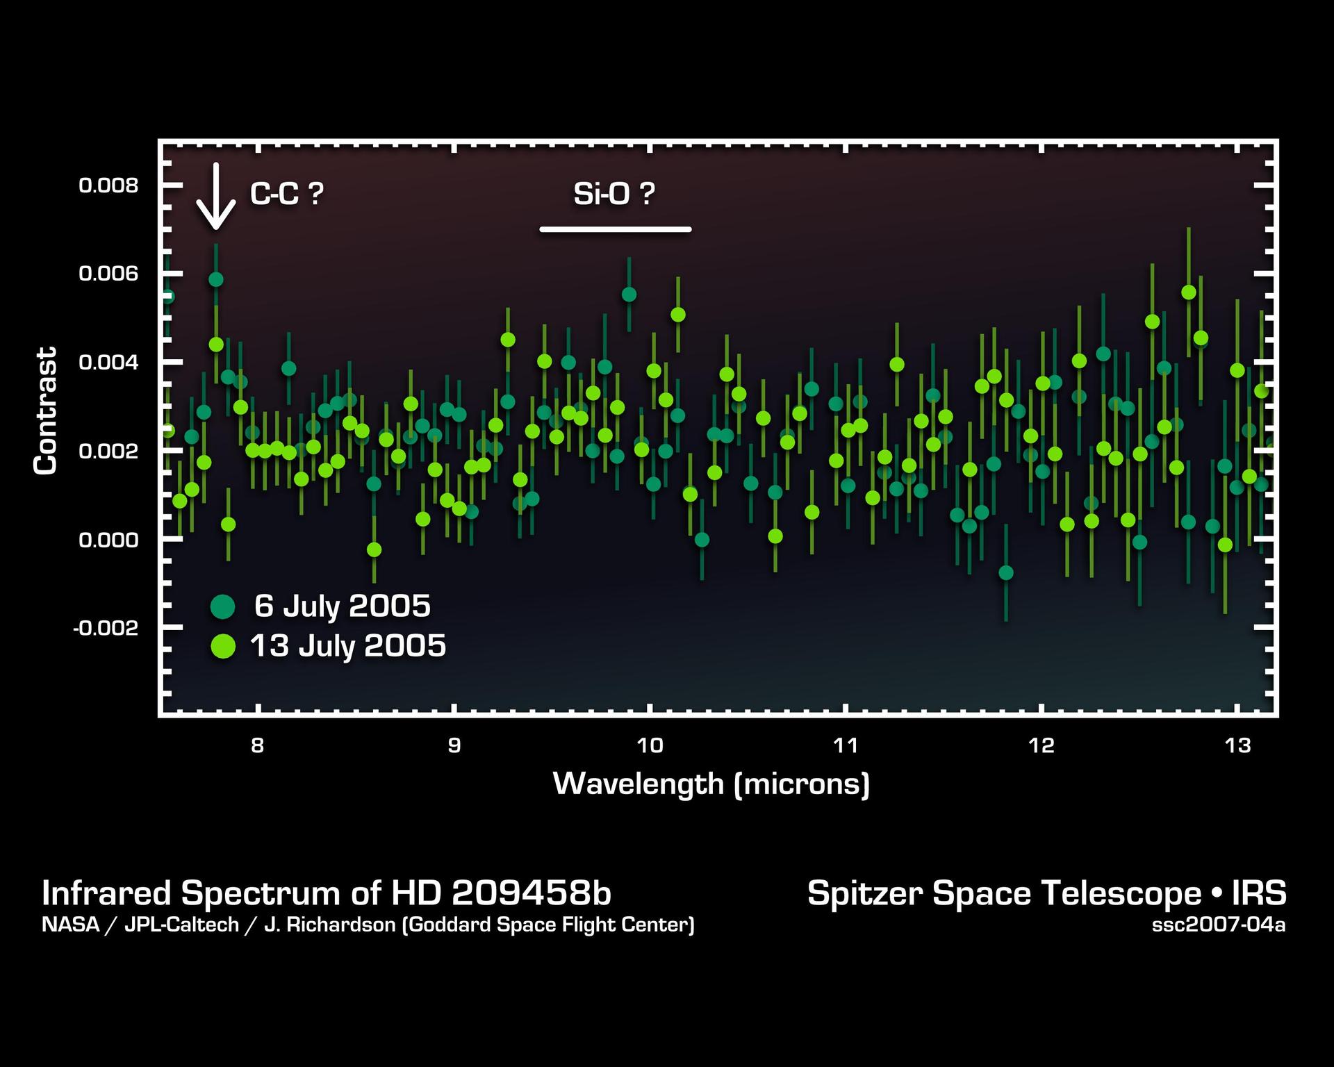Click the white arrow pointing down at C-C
(216, 197)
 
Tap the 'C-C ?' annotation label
(286, 194)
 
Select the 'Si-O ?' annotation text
(614, 194)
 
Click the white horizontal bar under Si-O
(615, 229)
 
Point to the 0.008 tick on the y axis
(108, 185)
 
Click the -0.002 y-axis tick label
(106, 628)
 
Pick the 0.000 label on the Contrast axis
(108, 540)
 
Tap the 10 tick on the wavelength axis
(649, 746)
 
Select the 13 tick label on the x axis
(1237, 746)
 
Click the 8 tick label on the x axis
(258, 746)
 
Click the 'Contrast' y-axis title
(45, 411)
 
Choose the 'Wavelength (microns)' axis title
(711, 784)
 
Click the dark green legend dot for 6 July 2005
(223, 606)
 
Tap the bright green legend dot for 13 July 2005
(223, 647)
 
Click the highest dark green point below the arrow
(216, 279)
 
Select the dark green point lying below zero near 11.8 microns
(1005, 572)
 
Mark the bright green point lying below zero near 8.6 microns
(374, 549)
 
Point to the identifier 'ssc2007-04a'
(1218, 925)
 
